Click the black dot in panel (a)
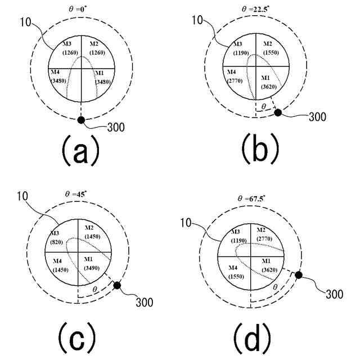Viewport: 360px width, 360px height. [81, 120]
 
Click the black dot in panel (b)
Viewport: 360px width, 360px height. [278, 113]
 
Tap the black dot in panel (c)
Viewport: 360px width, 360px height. [117, 286]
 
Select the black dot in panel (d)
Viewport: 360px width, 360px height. [299, 275]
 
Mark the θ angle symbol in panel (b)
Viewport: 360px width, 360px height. [262, 105]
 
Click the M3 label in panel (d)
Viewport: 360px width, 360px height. [235, 231]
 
